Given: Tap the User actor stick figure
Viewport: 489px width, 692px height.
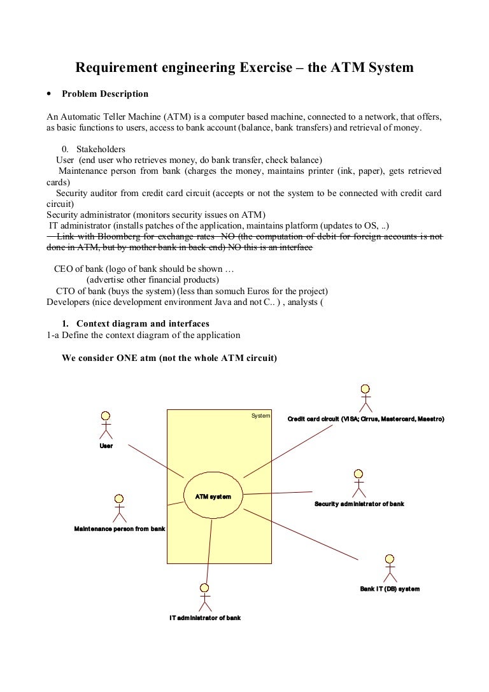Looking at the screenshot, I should click(106, 424).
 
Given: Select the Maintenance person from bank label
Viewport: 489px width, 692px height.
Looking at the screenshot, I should click(120, 528).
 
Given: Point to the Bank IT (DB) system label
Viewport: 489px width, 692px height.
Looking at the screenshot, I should click(390, 589).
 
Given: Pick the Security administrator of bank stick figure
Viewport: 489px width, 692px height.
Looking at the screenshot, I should click(358, 483).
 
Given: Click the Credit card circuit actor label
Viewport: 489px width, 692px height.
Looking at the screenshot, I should click(365, 419).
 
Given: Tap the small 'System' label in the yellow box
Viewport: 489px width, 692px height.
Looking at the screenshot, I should click(260, 416).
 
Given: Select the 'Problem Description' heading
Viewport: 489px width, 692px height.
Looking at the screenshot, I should click(105, 94).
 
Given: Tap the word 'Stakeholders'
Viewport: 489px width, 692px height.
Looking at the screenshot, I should click(102, 149).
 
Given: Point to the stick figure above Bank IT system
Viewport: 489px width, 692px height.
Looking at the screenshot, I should click(390, 567).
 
